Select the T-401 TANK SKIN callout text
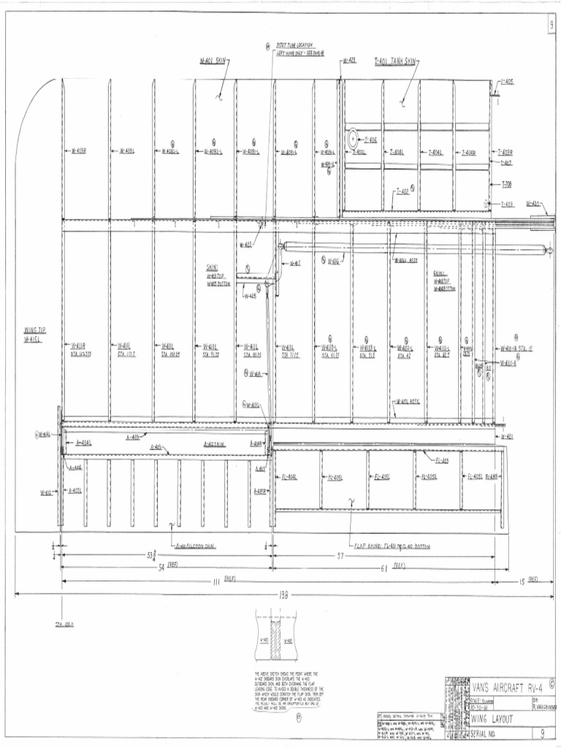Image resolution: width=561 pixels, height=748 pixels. coord(394,62)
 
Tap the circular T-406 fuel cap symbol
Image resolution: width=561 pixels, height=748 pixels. coord(353,137)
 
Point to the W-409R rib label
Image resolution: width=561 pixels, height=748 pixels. coord(79,151)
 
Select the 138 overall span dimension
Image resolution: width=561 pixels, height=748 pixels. coord(283,594)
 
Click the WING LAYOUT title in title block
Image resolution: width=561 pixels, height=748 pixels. coord(494,720)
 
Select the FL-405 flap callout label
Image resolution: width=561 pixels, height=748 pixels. coord(441,460)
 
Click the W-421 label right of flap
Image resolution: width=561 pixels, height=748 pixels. coord(508,436)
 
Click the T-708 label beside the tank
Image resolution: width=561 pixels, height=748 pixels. coord(506,185)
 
